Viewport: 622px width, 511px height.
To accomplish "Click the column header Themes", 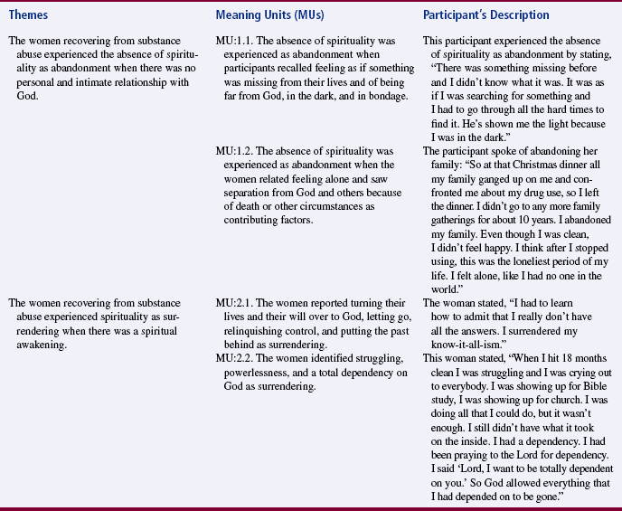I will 29,14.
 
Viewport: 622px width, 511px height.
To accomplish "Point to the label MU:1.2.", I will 238,149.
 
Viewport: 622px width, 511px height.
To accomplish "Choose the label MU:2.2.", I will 238,355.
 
